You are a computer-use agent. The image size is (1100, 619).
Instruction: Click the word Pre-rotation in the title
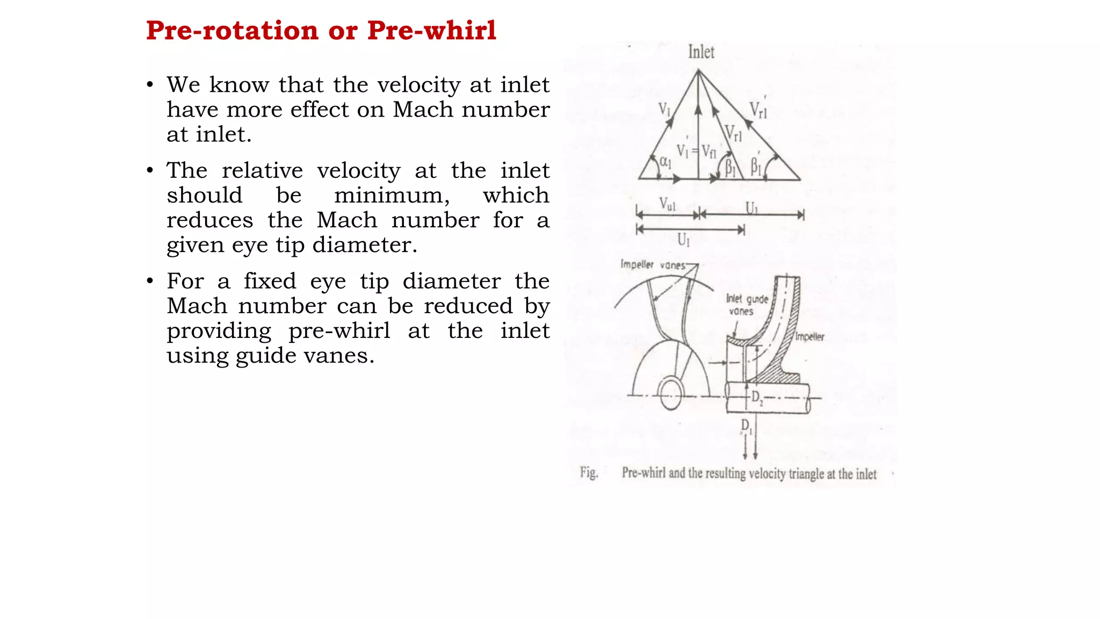[232, 31]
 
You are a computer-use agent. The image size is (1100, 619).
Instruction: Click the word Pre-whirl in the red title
[431, 31]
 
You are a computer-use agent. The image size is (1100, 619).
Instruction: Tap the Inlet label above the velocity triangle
[701, 52]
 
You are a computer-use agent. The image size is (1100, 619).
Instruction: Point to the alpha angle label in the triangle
[665, 161]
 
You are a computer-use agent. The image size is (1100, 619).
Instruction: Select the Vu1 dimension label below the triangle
[667, 204]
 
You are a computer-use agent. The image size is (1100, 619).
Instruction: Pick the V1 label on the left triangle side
[665, 110]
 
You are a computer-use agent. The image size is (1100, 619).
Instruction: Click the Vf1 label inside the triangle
[709, 152]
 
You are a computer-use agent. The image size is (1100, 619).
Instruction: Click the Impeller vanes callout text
[653, 265]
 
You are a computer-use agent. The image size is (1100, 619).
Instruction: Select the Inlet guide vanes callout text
[747, 305]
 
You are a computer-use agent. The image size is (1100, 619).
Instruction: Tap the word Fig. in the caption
[589, 473]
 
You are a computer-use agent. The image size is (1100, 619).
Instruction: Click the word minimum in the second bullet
[392, 195]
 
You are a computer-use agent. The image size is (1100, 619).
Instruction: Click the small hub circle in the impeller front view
[670, 394]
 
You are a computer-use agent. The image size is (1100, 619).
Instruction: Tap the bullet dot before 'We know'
[150, 85]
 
